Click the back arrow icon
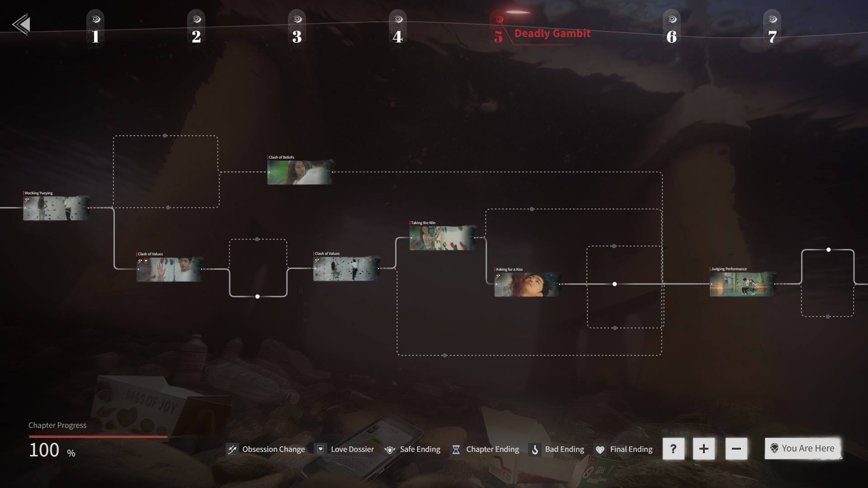click(21, 24)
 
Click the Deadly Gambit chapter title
click(552, 33)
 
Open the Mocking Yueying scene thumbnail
click(56, 208)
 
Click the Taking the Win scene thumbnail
click(442, 238)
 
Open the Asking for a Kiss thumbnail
click(527, 285)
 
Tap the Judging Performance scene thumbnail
click(742, 284)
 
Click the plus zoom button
click(703, 449)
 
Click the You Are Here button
click(803, 448)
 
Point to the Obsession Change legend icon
click(232, 449)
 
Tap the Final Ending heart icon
click(600, 450)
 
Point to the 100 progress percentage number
click(44, 450)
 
